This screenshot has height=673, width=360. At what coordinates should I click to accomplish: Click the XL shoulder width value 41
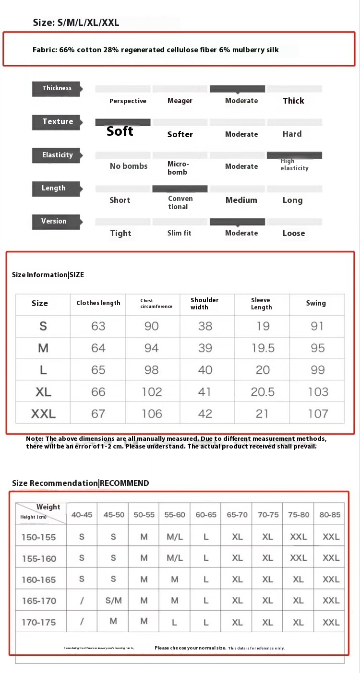[x=204, y=392]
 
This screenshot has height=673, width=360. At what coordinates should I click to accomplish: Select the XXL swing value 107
[x=318, y=413]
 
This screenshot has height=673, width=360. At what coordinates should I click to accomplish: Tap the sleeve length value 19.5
[x=263, y=348]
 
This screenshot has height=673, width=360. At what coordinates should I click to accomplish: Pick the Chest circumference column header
[x=156, y=304]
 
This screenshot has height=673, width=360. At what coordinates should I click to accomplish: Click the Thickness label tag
[x=57, y=88]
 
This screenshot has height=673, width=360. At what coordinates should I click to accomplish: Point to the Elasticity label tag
[x=57, y=155]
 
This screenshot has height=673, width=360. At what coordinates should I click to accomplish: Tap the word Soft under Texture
[x=120, y=131]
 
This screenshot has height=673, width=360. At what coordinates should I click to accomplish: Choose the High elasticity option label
[x=294, y=165]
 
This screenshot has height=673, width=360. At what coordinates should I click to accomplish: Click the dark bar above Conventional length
[x=180, y=189]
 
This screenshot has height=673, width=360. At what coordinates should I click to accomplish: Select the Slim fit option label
[x=180, y=233]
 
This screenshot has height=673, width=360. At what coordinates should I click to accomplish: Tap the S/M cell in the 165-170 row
[x=113, y=601]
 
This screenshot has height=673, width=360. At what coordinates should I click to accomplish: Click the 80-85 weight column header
[x=330, y=515]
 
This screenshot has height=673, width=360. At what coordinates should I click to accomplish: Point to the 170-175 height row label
[x=39, y=622]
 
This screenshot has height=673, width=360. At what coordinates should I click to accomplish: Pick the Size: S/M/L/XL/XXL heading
[x=76, y=23]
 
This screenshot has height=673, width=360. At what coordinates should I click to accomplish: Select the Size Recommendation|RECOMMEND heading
[x=81, y=483]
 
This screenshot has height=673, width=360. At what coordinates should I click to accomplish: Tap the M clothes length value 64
[x=98, y=348]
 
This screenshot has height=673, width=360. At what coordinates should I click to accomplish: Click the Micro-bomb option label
[x=178, y=168]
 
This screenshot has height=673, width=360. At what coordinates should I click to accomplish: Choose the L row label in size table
[x=43, y=370]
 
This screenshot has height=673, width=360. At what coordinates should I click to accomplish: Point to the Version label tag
[x=54, y=221]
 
